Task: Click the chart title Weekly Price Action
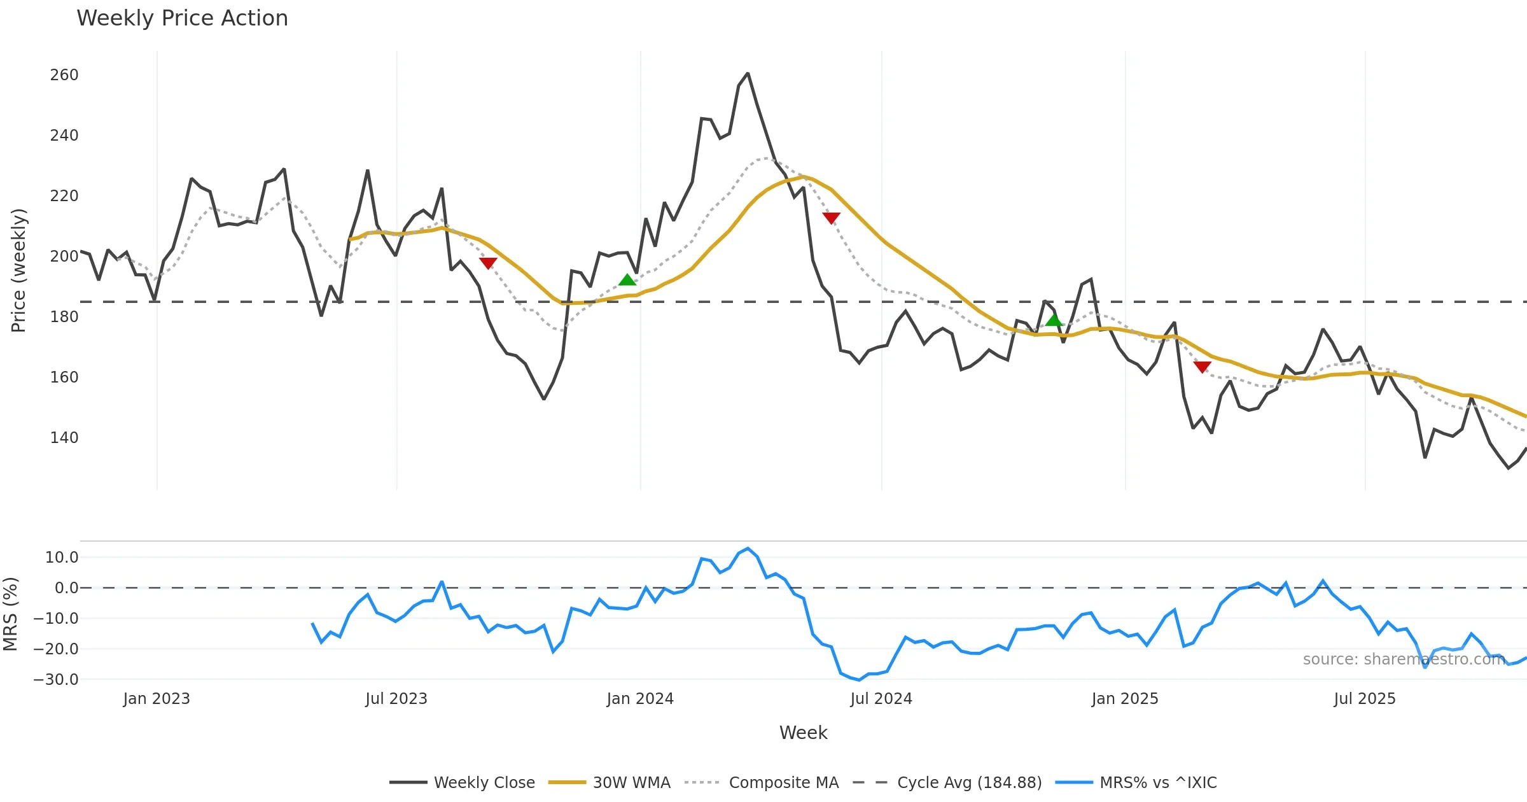(x=182, y=18)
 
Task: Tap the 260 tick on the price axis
(x=64, y=75)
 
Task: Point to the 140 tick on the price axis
(x=64, y=438)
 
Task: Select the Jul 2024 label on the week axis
(x=881, y=699)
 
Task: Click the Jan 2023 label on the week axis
(x=157, y=699)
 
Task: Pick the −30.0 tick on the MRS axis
(x=56, y=679)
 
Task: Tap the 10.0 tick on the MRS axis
(x=62, y=558)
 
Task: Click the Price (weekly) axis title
(x=18, y=270)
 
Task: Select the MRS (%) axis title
(x=10, y=614)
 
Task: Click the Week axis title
(x=803, y=733)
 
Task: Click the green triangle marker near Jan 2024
(x=627, y=280)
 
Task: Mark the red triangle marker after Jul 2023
(x=488, y=263)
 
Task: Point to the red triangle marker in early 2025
(x=1202, y=367)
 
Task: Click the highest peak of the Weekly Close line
(x=748, y=74)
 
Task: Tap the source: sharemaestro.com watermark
(x=1404, y=659)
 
